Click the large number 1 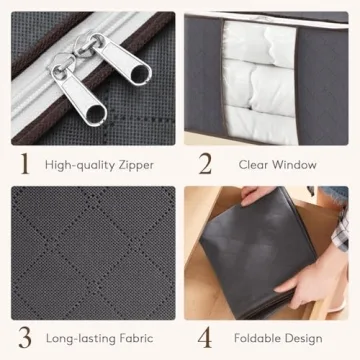[25, 164]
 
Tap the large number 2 [205, 164]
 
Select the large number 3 [25, 338]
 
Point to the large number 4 [205, 338]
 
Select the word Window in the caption [294, 165]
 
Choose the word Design [302, 339]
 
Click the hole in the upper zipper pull [140, 74]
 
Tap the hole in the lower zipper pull [95, 115]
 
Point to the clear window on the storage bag [260, 82]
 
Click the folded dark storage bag [258, 253]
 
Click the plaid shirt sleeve [341, 230]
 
